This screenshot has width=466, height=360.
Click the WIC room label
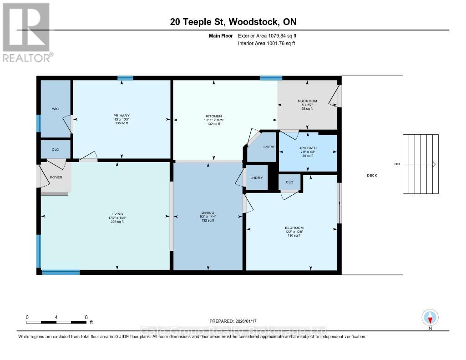coord(55,109)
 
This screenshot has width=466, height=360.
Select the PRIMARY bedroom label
coord(122,116)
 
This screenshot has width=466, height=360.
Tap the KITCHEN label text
coord(213,116)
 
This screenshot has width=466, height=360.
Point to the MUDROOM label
coord(307,101)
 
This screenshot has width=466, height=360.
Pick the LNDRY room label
coord(256,177)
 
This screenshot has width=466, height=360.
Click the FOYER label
coord(56,177)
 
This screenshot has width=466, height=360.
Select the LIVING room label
coord(117,214)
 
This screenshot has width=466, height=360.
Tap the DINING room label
coord(208,212)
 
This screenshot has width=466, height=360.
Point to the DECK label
coord(372,175)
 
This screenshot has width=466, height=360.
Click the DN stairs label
coord(396,164)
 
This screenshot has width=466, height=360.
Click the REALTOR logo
coord(27,32)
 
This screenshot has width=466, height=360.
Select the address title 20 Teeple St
coord(233,22)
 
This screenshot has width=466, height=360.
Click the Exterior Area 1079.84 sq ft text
coord(267,35)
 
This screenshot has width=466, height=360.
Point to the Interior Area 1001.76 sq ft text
coord(266,43)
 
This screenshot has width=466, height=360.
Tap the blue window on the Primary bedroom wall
coord(125,78)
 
